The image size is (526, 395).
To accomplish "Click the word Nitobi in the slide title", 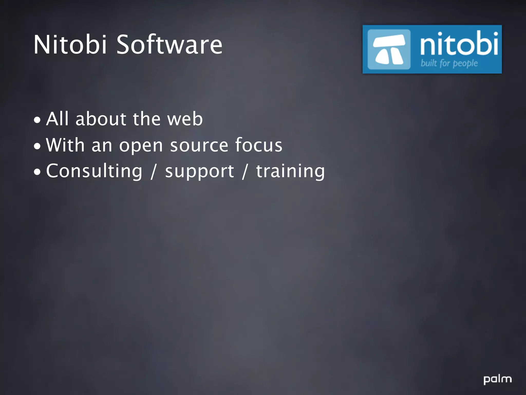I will [x=70, y=45].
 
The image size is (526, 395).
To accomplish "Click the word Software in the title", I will [x=170, y=45].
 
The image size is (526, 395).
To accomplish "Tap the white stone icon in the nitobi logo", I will [x=389, y=49].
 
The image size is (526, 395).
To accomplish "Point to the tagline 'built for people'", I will [x=449, y=63].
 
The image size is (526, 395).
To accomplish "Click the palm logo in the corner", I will [x=497, y=380].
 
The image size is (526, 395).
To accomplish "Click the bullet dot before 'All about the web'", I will [x=37, y=120].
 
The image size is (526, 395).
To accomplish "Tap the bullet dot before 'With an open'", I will [x=37, y=146].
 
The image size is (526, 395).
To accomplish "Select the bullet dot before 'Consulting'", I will [x=37, y=172].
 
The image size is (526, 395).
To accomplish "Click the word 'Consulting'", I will [x=94, y=171].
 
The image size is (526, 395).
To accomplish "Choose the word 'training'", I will [x=290, y=171].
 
